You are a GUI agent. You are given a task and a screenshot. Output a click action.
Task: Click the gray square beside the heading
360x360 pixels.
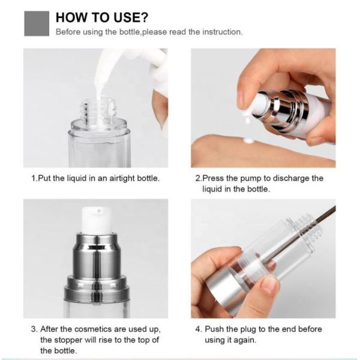coord(37,23)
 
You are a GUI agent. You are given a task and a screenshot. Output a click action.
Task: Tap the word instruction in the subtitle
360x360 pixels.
coord(222,32)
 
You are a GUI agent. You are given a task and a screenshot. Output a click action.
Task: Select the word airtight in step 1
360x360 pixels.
coord(122,178)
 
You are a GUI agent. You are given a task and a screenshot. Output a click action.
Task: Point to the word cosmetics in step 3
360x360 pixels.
coord(93,329)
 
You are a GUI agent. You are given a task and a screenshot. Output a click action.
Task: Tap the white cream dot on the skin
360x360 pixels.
coord(248,140)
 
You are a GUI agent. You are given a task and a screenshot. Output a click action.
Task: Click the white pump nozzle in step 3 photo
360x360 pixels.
coord(96,220)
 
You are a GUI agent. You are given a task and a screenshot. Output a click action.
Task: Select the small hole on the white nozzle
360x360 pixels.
coord(99,211)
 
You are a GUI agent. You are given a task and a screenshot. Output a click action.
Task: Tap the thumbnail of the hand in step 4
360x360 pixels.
coord(269,284)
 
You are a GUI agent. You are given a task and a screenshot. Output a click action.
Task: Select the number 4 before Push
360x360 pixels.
coord(198,329)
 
